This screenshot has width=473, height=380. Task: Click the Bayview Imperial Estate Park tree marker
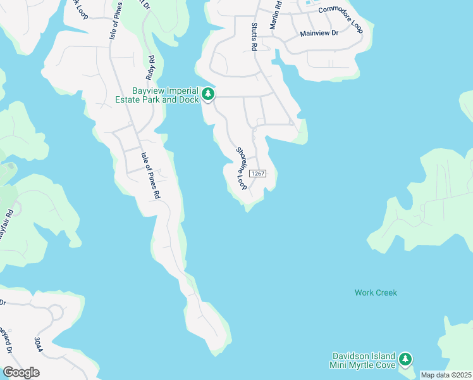(208, 95)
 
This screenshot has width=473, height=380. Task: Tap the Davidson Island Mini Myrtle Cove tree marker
(405, 360)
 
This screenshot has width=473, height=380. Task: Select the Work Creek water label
(376, 293)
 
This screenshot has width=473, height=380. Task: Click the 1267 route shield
(256, 174)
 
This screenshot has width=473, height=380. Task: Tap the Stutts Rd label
(254, 37)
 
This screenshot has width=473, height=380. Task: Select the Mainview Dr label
(319, 32)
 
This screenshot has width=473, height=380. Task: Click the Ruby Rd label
(150, 67)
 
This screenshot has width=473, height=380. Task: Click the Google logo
(21, 372)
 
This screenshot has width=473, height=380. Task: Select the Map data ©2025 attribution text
(446, 375)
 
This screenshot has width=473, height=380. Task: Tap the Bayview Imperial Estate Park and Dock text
(156, 95)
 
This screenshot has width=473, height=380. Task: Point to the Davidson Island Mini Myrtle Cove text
(362, 360)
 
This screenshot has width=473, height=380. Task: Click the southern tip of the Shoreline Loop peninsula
(249, 208)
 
